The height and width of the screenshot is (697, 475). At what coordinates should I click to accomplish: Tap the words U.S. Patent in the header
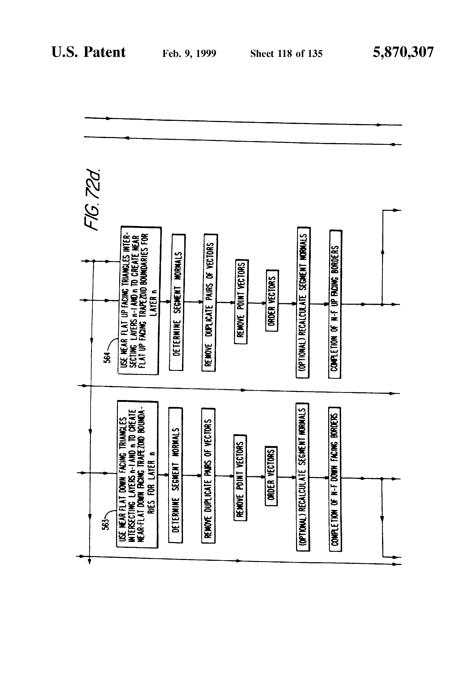point(89,52)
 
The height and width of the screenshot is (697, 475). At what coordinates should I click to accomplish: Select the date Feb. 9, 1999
point(189,54)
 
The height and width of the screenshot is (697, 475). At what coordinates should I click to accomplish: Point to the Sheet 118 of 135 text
point(286,54)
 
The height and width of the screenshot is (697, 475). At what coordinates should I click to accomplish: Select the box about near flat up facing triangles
point(139,301)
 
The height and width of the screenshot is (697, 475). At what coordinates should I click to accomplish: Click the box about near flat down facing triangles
point(137,474)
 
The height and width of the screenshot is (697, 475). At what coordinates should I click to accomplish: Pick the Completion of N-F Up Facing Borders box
point(335,304)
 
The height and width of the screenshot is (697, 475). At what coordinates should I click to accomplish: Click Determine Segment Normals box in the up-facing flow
point(177,302)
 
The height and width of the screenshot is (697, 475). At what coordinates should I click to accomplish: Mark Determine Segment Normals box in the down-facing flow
point(176,475)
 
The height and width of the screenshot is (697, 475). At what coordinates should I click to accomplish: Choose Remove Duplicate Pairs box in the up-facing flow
point(210,303)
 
